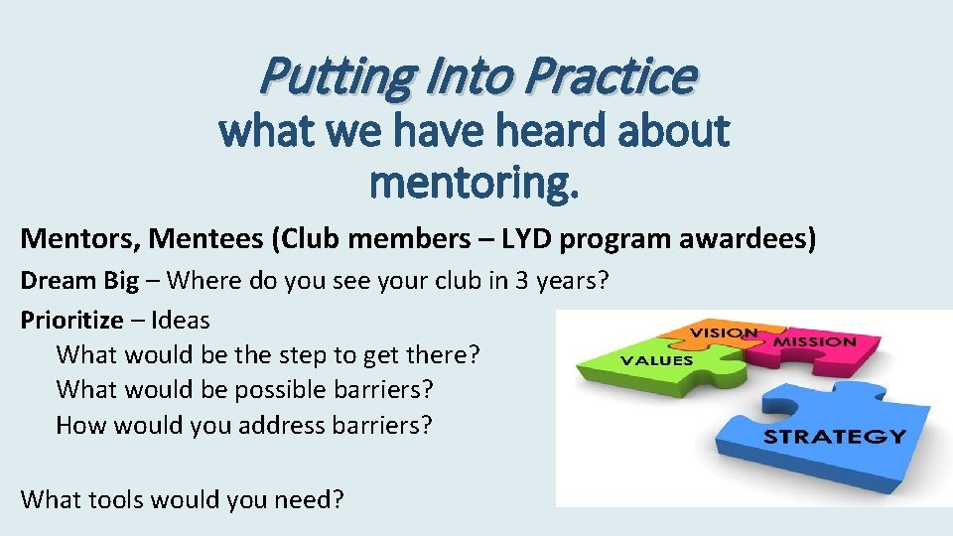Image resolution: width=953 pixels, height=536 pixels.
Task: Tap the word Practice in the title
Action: pos(611,75)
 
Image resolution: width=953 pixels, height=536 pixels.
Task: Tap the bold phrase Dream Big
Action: pos(80,280)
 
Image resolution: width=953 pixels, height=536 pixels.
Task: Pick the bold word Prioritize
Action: pos(72,320)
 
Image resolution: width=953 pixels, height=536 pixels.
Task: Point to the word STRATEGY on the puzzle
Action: pos(834,437)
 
